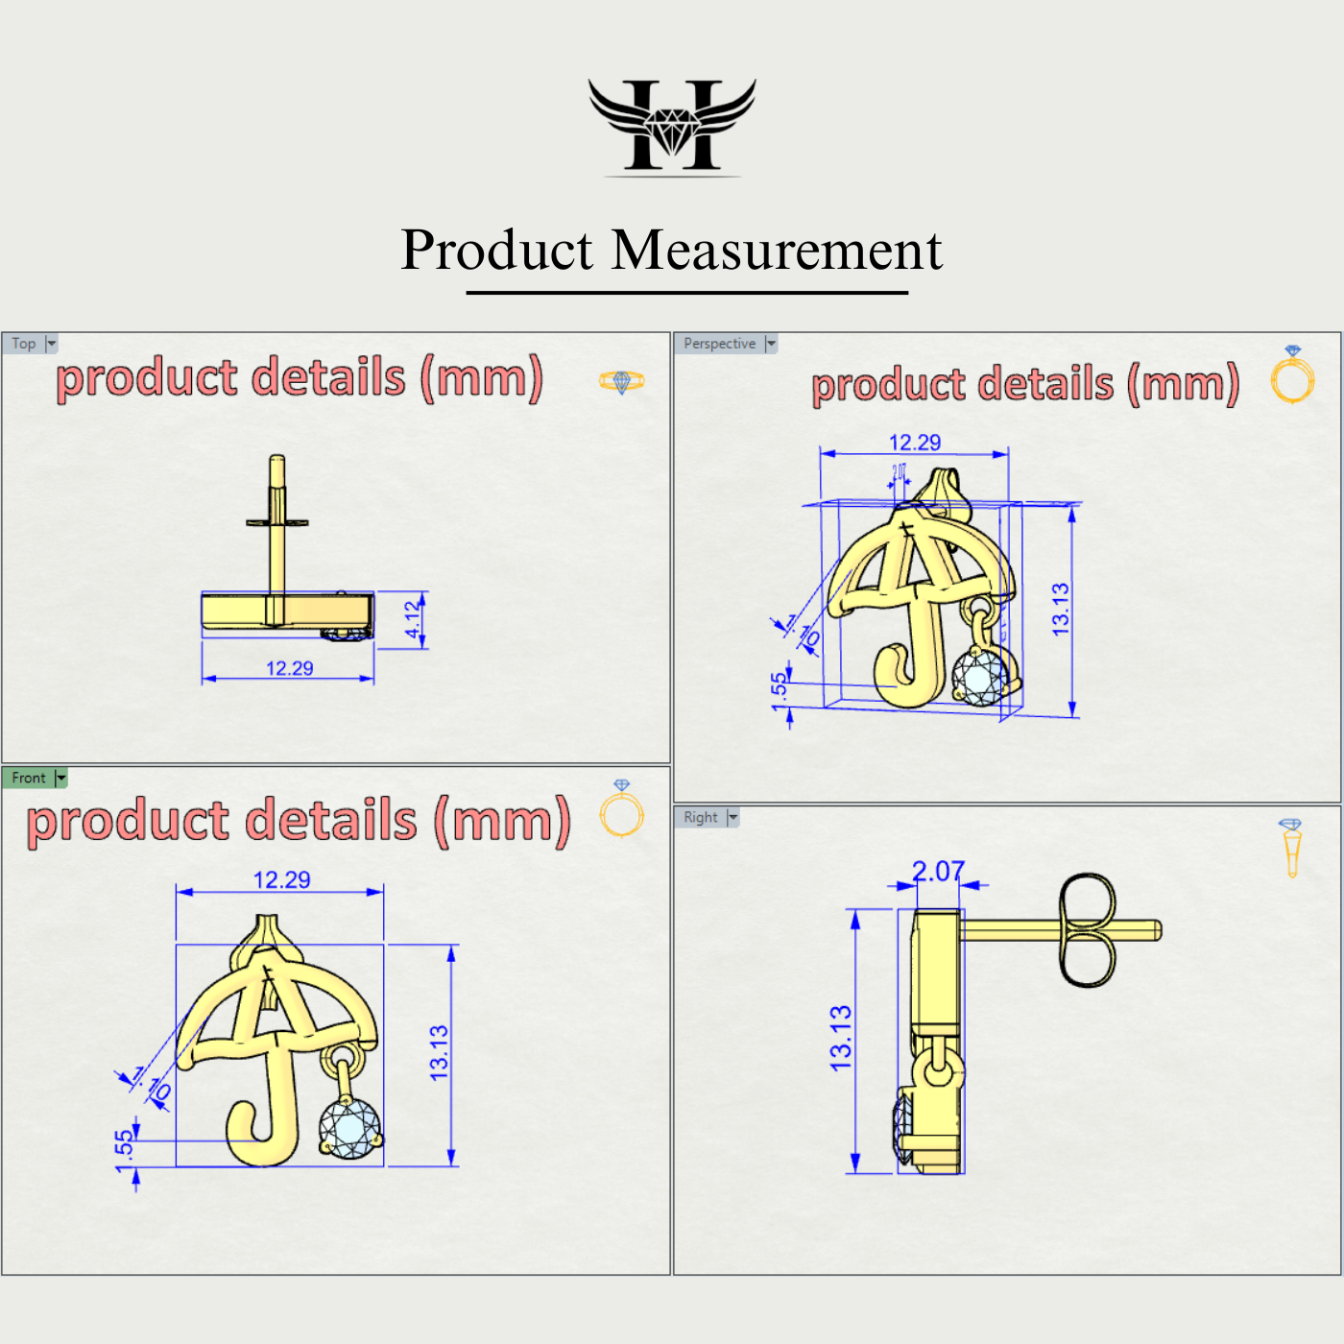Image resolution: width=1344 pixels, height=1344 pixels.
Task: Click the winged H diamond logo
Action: point(672,126)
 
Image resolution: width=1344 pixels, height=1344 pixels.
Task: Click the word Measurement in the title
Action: point(777,251)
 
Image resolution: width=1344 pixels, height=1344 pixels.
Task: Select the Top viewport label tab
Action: point(24,344)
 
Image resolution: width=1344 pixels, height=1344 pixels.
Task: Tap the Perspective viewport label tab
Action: point(720,344)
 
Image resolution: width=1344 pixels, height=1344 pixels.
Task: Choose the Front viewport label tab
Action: point(29,778)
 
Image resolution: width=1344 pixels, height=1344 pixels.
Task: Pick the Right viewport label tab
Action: point(701,817)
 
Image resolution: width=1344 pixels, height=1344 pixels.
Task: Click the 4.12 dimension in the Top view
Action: point(413,620)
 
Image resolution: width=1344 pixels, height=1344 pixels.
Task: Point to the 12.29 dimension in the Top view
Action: point(289,668)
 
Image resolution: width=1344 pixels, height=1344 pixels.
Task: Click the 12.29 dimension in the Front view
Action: point(281,879)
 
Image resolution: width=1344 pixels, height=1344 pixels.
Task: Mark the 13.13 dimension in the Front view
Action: point(439,1053)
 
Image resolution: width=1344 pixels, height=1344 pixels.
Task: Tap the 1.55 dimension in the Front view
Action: point(124,1151)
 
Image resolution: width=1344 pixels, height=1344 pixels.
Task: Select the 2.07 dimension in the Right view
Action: point(938,871)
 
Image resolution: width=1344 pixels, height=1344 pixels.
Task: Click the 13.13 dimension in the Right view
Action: point(840,1039)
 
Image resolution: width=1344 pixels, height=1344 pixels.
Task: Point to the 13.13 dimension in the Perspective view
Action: point(1060,609)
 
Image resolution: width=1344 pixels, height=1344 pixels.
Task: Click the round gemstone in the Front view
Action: point(349,1128)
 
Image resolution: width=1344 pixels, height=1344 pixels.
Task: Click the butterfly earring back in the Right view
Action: point(1087,929)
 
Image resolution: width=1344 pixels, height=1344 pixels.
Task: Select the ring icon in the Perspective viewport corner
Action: point(1292,375)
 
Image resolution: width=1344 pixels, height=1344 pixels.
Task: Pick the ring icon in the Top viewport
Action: point(621,381)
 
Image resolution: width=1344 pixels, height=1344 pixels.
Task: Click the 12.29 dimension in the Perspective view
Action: point(915,443)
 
